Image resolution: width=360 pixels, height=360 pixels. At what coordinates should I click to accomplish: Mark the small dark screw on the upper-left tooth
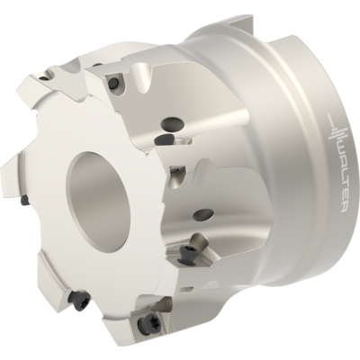[x=44, y=78]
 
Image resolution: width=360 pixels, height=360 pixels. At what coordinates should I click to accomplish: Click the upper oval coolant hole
[x=172, y=122]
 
